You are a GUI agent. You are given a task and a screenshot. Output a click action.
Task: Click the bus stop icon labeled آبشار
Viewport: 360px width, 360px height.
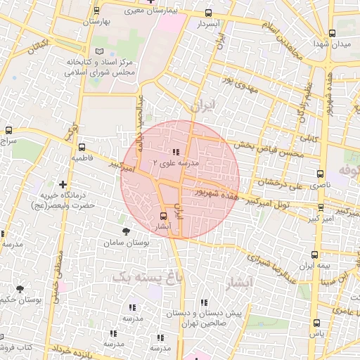pos(164,216)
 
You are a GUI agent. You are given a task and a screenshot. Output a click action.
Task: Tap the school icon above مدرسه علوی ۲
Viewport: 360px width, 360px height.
pos(175,151)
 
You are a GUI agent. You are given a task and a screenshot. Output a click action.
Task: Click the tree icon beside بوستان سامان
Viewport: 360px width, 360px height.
pos(126,231)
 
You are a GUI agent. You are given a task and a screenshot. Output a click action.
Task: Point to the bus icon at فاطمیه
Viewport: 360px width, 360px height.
pos(82,148)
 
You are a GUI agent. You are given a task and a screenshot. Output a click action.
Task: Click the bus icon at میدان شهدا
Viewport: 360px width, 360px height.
pos(332,32)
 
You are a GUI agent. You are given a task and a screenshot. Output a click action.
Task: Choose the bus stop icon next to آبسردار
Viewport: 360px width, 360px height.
pos(208,13)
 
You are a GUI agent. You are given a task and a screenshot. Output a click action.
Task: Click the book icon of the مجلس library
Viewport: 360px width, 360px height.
pos(99,51)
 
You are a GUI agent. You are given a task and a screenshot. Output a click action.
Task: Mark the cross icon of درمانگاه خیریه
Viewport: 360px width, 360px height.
pos(63,184)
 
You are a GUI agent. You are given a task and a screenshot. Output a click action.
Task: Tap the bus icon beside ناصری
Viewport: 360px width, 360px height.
pos(321,173)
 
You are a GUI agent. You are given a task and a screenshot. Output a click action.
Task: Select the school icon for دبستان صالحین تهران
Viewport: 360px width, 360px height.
pos(205,302)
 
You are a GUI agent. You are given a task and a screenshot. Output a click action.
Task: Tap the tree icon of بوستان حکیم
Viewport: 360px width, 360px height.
pos(20,288)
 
